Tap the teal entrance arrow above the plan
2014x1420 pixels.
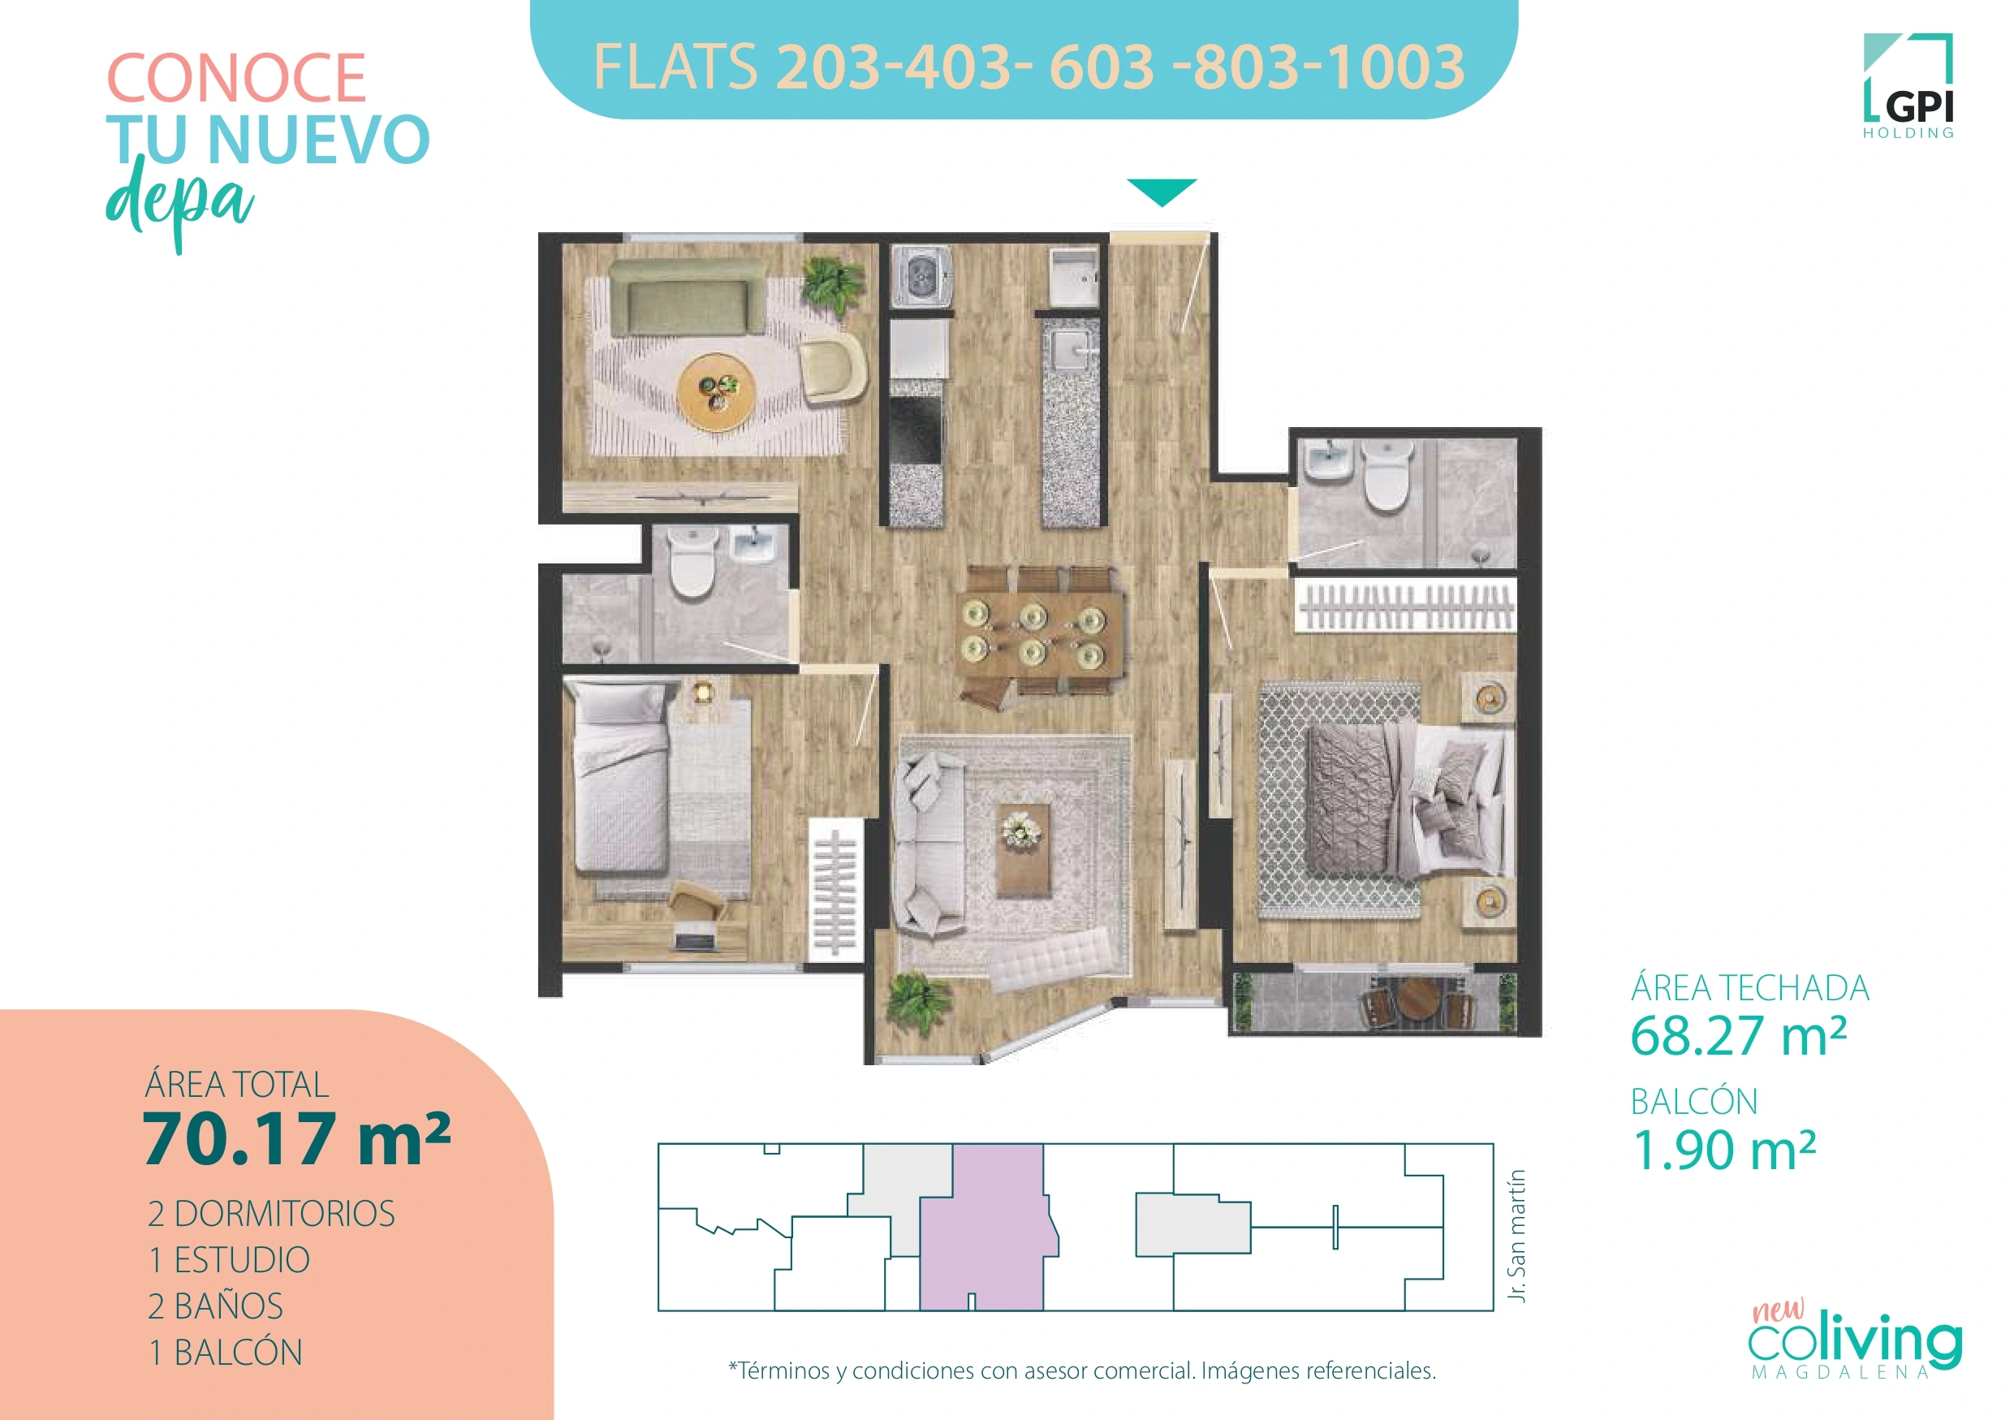tap(1162, 190)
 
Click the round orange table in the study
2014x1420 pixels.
tap(717, 391)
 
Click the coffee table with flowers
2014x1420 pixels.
tap(1023, 848)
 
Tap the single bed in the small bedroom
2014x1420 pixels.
tap(620, 779)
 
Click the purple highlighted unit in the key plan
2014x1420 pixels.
tap(982, 1228)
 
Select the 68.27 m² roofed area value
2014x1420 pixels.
tap(1738, 1036)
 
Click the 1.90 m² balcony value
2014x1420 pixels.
tap(1722, 1150)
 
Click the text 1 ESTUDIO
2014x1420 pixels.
tap(229, 1259)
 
